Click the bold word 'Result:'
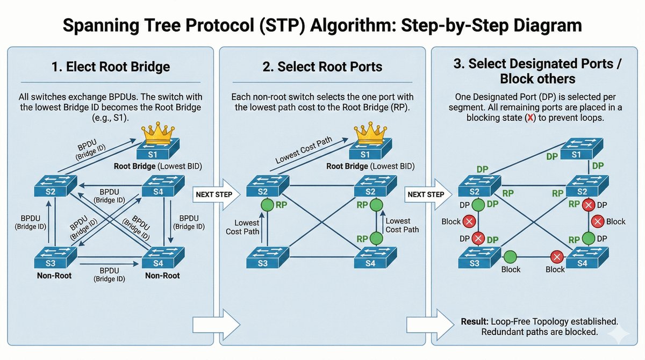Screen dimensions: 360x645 point(474,321)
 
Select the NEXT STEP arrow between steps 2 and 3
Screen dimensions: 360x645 point(427,193)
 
